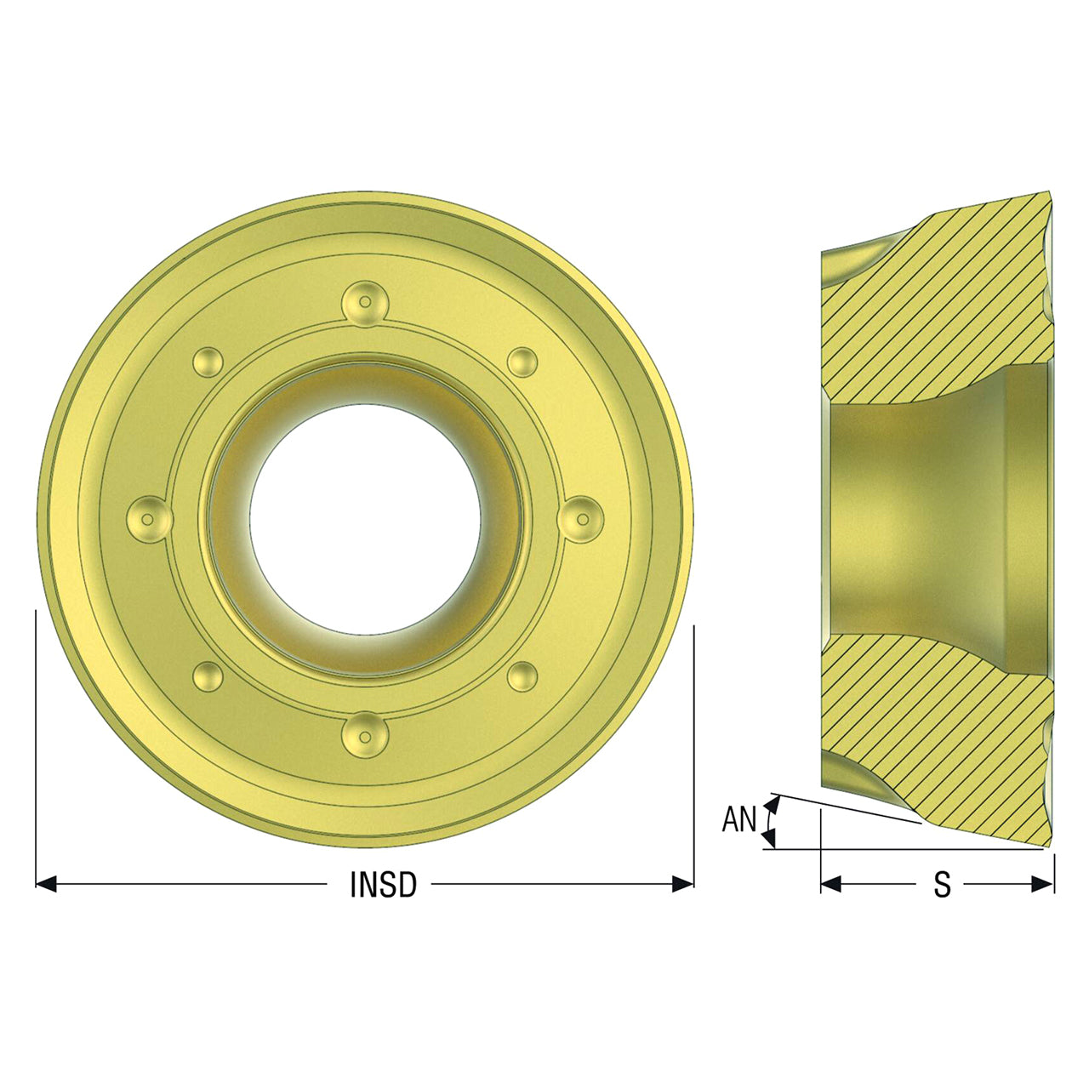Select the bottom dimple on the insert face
365,735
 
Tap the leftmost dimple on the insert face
149,519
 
